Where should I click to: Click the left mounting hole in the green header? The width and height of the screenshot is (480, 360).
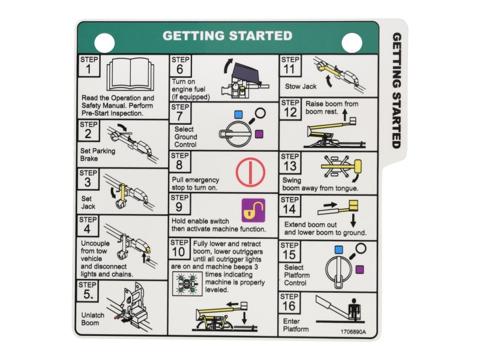(x=105, y=42)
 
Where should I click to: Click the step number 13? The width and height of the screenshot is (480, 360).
(x=290, y=166)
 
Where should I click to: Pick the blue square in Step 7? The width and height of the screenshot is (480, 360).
(x=238, y=113)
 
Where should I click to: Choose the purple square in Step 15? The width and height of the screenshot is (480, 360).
(x=361, y=270)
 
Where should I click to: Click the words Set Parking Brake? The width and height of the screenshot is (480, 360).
(x=97, y=155)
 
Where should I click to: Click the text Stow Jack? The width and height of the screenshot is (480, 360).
(x=301, y=86)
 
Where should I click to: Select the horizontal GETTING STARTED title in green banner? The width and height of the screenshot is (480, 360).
(x=227, y=36)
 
